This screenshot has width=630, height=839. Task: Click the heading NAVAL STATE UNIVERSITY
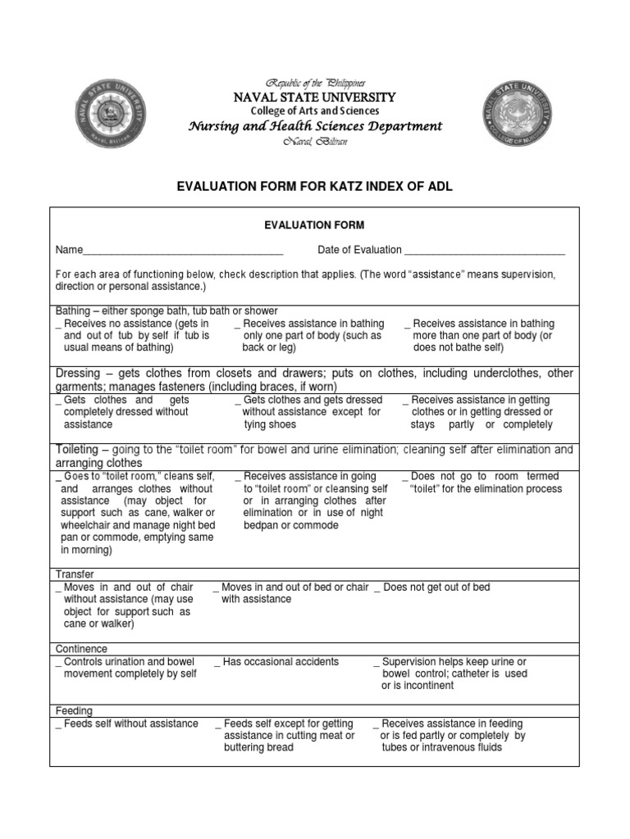pyautogui.click(x=315, y=98)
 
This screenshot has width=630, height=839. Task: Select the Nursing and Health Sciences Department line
pyautogui.click(x=315, y=126)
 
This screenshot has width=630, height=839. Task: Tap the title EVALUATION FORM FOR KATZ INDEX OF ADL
pyautogui.click(x=315, y=187)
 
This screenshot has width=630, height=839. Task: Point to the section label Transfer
pyautogui.click(x=75, y=574)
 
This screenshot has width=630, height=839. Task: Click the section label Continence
pyautogui.click(x=81, y=648)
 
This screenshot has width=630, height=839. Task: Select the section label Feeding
pyautogui.click(x=74, y=710)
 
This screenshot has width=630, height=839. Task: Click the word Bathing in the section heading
pyautogui.click(x=74, y=311)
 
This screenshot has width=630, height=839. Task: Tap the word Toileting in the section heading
pyautogui.click(x=78, y=450)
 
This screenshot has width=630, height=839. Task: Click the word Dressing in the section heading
pyautogui.click(x=79, y=373)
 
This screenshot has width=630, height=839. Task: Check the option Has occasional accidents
pyautogui.click(x=279, y=661)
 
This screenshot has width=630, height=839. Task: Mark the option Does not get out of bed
pyautogui.click(x=435, y=587)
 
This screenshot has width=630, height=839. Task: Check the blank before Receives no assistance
pyautogui.click(x=58, y=324)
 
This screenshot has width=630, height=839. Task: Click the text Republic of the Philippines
pyautogui.click(x=315, y=84)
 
